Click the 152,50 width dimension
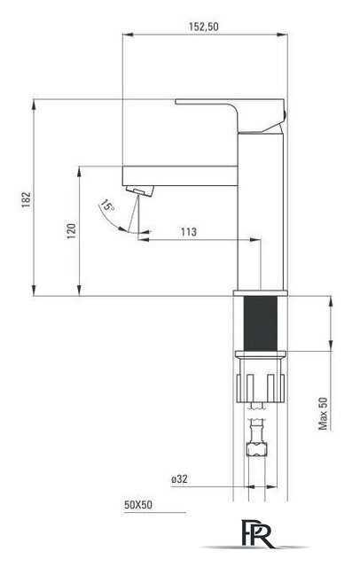[204, 27]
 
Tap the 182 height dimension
[27, 199]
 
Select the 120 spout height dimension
[72, 231]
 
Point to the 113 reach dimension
[189, 231]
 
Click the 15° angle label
[107, 206]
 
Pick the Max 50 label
[323, 414]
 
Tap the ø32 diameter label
[179, 479]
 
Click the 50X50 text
[138, 505]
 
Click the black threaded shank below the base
[261, 323]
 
